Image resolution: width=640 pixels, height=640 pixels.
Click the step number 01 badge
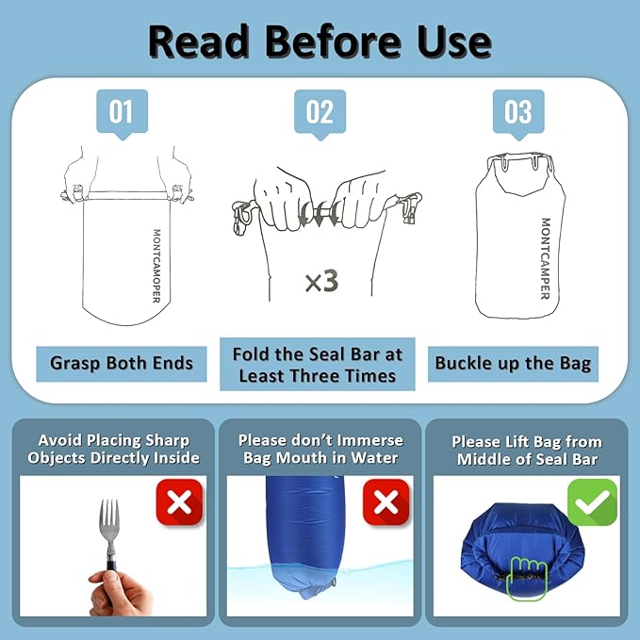(x=122, y=113)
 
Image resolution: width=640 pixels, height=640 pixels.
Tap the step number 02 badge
(x=320, y=113)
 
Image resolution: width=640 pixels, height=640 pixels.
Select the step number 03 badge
(x=517, y=113)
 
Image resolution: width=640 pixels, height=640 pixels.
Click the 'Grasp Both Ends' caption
(x=122, y=362)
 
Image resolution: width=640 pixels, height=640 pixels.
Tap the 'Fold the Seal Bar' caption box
(x=319, y=364)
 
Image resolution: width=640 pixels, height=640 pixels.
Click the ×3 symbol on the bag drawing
(x=321, y=281)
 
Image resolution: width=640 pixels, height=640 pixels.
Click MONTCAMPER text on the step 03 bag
(x=545, y=258)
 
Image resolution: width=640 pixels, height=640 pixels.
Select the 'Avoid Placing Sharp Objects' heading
(x=113, y=449)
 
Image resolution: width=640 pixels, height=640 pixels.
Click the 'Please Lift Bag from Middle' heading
(x=526, y=450)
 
